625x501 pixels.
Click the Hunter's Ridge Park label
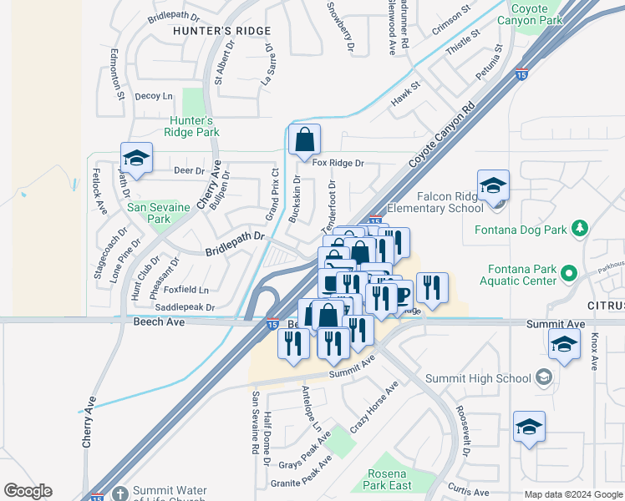click(192, 126)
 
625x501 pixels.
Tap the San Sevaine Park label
click(148, 213)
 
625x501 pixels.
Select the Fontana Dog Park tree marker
click(578, 229)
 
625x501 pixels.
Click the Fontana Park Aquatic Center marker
click(569, 272)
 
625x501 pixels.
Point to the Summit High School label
click(478, 378)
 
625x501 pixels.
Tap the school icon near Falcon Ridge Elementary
click(493, 185)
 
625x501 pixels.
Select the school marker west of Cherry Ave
click(136, 158)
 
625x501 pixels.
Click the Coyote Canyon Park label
click(540, 15)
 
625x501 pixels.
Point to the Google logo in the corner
click(28, 491)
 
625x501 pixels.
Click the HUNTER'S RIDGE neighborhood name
click(221, 31)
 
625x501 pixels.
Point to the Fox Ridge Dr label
click(338, 163)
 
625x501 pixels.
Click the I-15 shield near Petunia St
click(521, 73)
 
